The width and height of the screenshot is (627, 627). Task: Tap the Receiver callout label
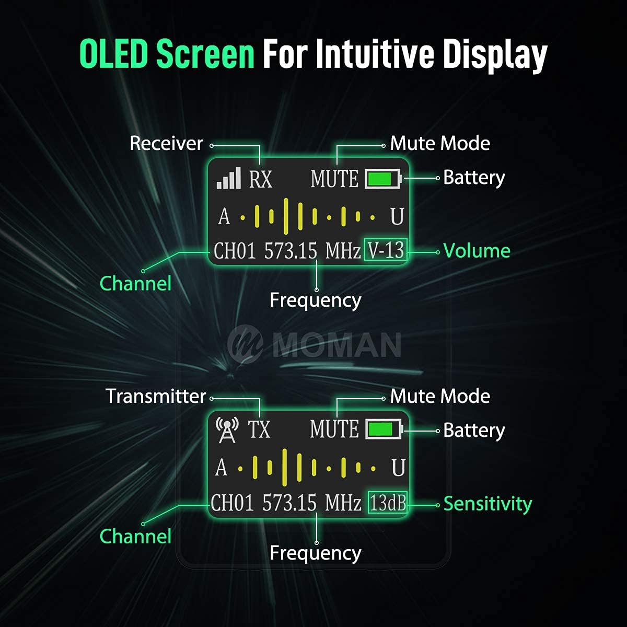click(166, 144)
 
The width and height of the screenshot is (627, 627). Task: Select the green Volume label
click(477, 251)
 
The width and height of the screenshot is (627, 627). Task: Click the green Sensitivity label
click(487, 504)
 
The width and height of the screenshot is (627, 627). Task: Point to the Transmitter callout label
click(156, 396)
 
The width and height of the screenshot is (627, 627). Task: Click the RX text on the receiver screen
click(260, 179)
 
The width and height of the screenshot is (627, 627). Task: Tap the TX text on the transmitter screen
click(259, 429)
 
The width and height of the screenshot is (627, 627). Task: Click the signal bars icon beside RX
click(229, 178)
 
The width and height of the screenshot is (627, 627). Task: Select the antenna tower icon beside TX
click(227, 430)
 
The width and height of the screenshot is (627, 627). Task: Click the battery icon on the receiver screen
click(384, 179)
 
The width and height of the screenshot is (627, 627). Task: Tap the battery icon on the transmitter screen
click(384, 429)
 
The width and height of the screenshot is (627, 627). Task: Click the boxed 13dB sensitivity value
click(388, 503)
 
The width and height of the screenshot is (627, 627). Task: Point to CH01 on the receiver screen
click(235, 251)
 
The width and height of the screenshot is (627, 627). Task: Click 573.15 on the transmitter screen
click(289, 503)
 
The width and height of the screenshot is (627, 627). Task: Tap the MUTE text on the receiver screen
click(334, 179)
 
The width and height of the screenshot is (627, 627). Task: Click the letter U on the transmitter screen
click(398, 468)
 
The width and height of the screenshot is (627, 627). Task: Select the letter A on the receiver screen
click(224, 216)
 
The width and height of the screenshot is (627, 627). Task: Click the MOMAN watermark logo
click(314, 344)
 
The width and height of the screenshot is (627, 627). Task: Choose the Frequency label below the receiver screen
click(315, 300)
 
